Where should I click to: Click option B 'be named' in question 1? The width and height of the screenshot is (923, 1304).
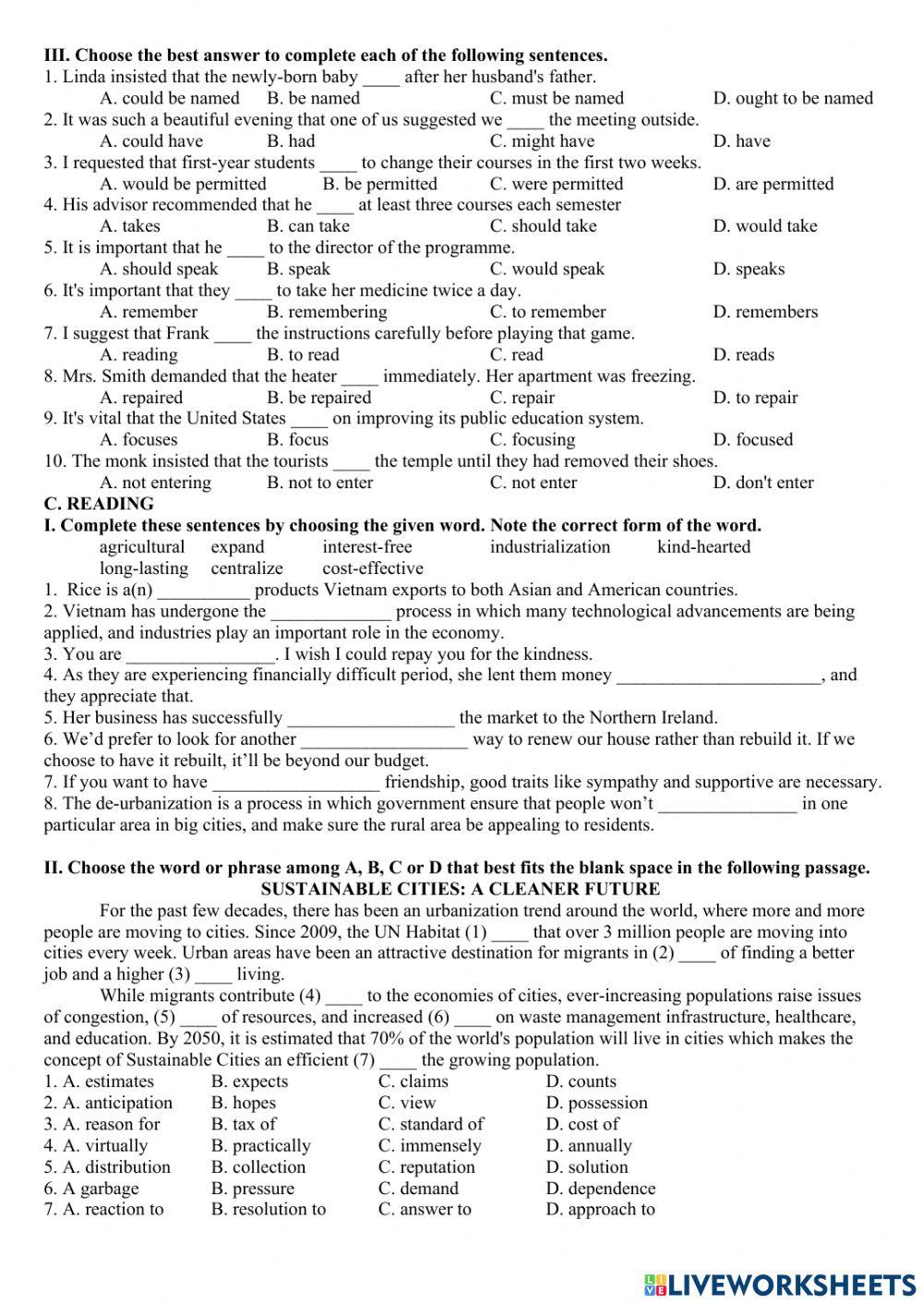[313, 98]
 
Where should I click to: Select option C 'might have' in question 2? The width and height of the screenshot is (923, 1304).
[542, 141]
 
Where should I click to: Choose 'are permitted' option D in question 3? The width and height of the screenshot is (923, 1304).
[773, 184]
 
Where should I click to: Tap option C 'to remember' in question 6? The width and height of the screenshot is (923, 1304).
[547, 312]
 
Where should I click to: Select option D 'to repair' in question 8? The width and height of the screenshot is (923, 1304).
[755, 398]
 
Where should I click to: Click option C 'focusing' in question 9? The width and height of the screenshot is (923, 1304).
[532, 439]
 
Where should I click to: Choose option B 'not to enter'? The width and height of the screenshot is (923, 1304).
[319, 483]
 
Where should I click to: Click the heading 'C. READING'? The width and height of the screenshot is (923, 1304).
[99, 504]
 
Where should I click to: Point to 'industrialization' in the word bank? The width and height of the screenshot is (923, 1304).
[550, 546]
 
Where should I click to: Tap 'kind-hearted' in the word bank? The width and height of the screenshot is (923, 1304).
[703, 546]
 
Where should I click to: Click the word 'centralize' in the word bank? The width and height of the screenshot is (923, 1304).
[246, 568]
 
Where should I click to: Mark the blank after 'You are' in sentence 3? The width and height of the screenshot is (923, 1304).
[200, 655]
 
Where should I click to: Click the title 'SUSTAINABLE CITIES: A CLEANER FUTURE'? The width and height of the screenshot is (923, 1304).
[461, 890]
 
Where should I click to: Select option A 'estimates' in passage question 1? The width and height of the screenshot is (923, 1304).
[108, 1082]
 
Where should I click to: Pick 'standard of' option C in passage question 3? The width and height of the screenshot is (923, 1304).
[431, 1124]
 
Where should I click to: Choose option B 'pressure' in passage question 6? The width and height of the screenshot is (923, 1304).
[253, 1189]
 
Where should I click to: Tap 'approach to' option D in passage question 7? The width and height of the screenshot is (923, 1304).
[600, 1209]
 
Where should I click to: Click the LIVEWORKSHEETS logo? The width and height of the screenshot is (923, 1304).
[780, 1284]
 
